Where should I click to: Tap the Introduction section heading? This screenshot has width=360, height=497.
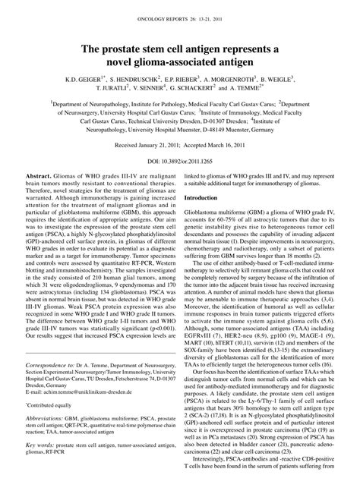206,197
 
